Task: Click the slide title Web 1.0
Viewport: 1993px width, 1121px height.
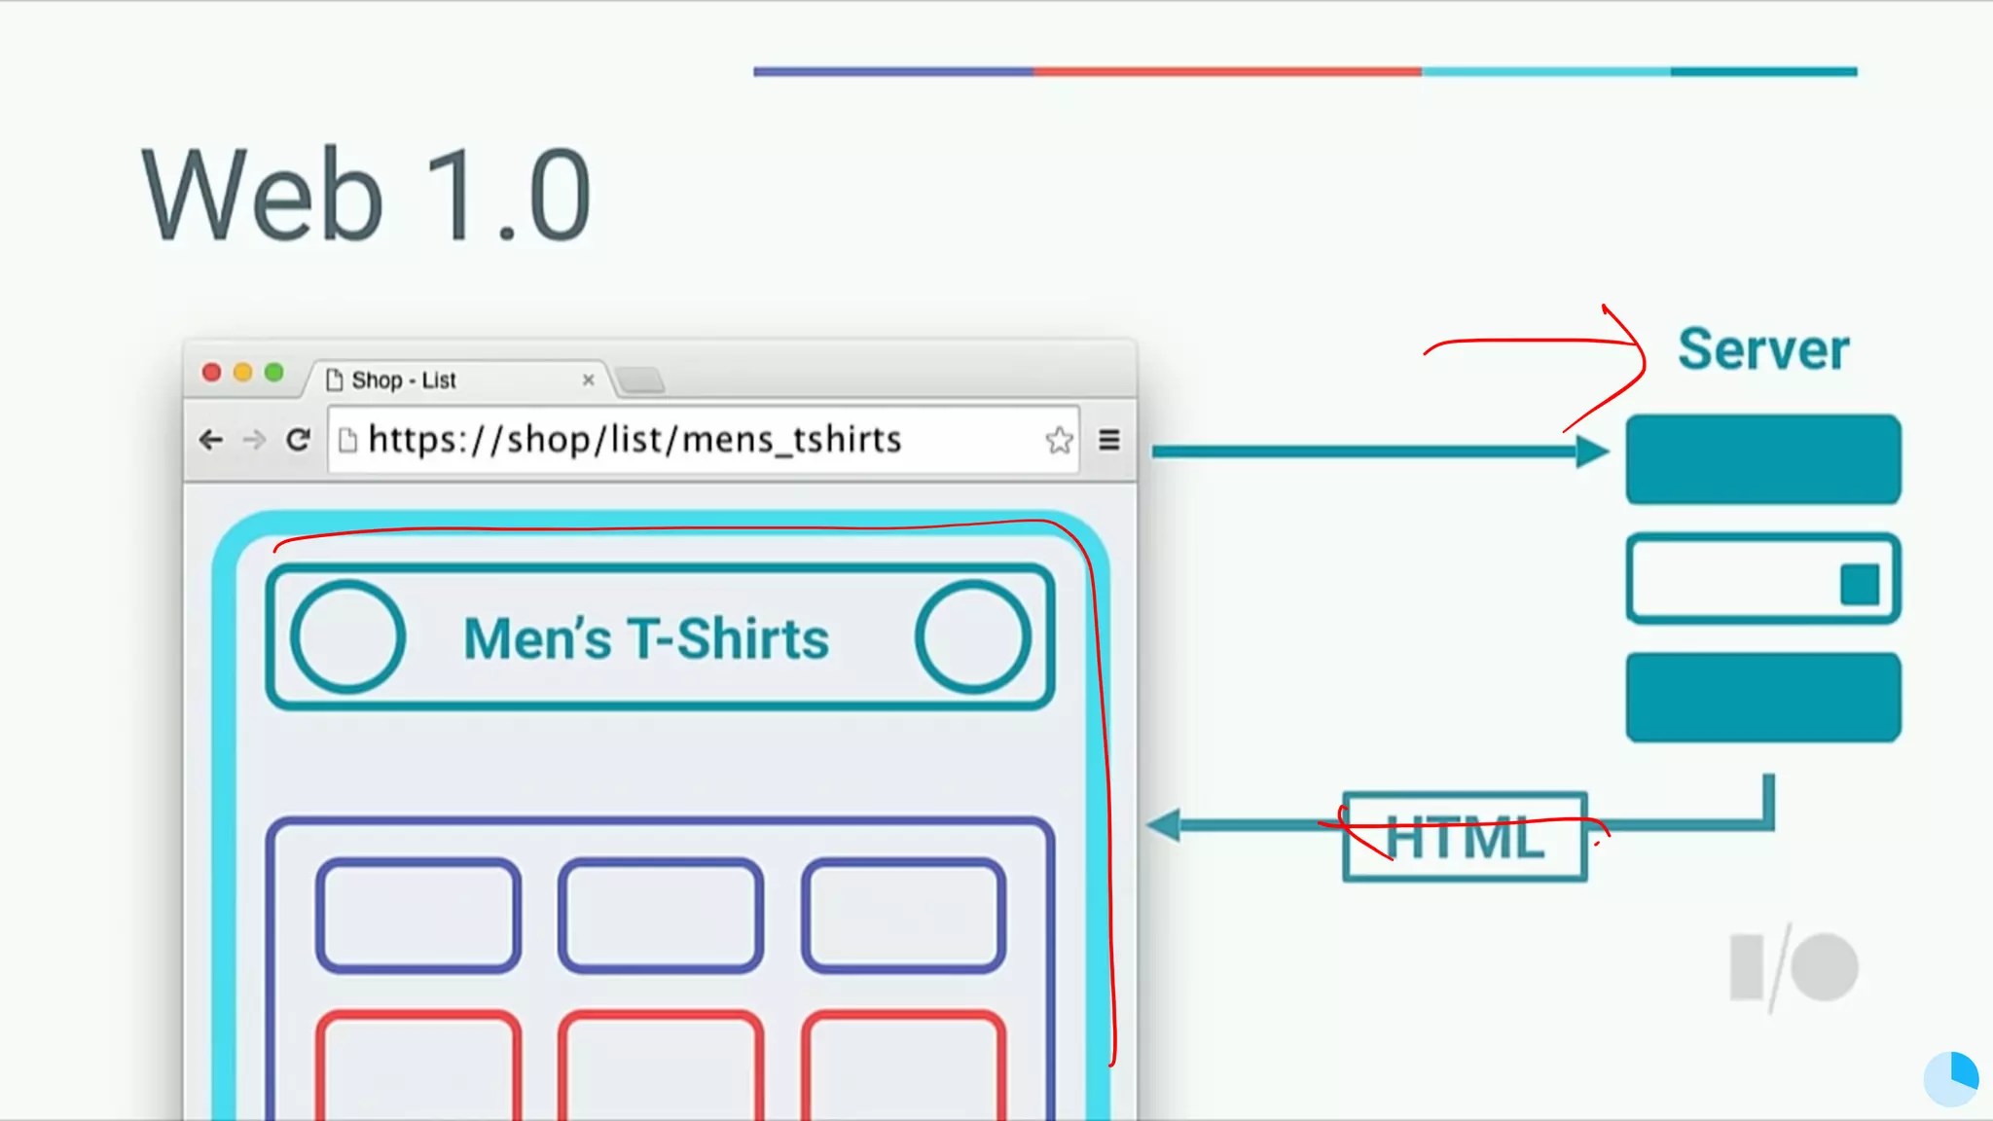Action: [x=366, y=195]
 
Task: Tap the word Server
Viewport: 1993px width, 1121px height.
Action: [x=1762, y=349]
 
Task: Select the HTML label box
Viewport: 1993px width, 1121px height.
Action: [x=1465, y=837]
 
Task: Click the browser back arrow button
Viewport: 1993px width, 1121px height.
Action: [x=210, y=441]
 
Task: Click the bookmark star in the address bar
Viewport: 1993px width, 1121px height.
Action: [x=1059, y=441]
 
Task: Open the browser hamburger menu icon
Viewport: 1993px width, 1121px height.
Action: [x=1108, y=441]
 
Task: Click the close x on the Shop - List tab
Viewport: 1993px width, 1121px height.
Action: [x=588, y=380]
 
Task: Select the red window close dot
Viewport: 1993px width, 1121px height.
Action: [x=211, y=373]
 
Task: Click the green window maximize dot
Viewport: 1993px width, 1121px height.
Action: [x=274, y=373]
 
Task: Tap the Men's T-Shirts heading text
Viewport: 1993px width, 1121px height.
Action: [x=646, y=639]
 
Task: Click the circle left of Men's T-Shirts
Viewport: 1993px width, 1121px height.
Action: [x=347, y=637]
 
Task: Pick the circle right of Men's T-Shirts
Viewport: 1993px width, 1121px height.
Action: [x=972, y=637]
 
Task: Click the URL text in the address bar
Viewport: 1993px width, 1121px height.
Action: [x=634, y=440]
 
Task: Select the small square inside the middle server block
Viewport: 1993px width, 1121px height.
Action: [x=1859, y=585]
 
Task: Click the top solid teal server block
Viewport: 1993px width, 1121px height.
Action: [x=1762, y=459]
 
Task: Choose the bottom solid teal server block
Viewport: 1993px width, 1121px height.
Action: [x=1762, y=697]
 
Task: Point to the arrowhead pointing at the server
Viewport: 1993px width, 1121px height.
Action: [x=1591, y=452]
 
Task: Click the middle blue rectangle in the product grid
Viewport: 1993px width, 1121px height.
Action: [x=660, y=916]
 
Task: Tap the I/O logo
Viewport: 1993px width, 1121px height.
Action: [x=1794, y=968]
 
